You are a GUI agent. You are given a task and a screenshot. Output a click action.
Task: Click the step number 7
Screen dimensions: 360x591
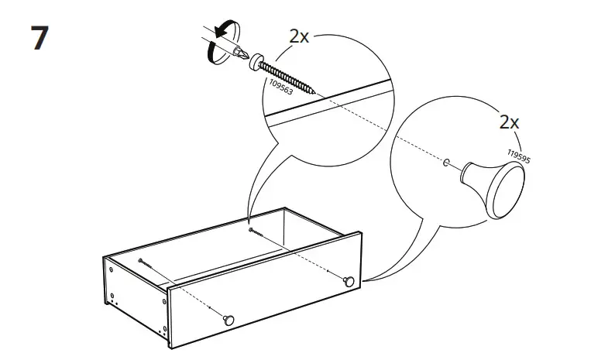[40, 39]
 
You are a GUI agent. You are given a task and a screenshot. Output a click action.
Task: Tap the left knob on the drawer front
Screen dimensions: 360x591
[228, 317]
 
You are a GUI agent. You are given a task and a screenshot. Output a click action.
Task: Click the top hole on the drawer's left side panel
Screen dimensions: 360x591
[112, 271]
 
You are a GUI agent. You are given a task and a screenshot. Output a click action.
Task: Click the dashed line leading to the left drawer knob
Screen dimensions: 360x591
[186, 290]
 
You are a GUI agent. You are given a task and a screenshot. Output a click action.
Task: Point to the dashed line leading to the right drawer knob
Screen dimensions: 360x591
[302, 255]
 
